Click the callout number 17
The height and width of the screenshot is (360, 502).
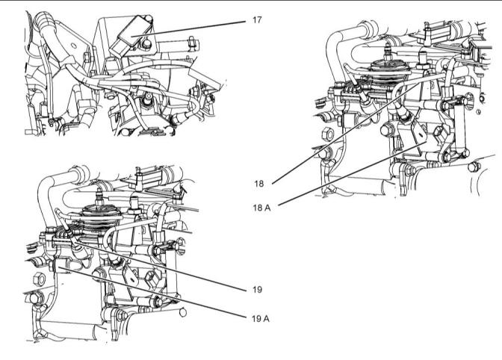(x=257, y=20)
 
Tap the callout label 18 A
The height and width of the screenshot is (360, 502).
(x=261, y=208)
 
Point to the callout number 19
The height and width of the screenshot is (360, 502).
(x=257, y=288)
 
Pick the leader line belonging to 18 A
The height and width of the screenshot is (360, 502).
(x=351, y=170)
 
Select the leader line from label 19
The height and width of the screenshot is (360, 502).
(x=164, y=262)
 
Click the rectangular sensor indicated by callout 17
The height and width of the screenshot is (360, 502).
(x=131, y=36)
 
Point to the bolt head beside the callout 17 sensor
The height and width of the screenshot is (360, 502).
(x=146, y=44)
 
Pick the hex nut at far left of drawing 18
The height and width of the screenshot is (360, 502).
(x=326, y=135)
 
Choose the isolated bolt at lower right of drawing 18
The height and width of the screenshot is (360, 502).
(x=472, y=166)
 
